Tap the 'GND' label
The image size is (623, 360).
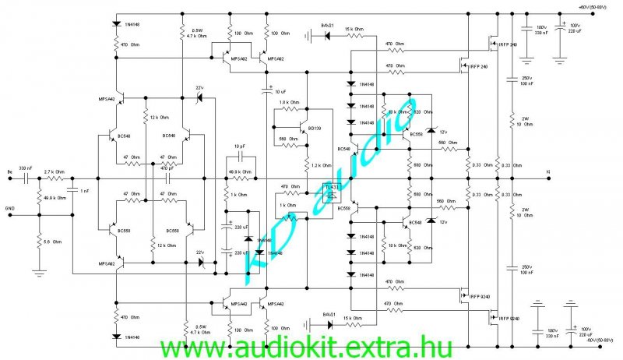10,209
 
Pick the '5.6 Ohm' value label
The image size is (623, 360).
52,241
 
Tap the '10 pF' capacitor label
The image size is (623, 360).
241,146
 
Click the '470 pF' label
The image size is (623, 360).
167,168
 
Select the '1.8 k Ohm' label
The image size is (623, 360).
290,103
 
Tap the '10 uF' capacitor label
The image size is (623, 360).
281,93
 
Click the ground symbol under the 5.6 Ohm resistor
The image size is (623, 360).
39,273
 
